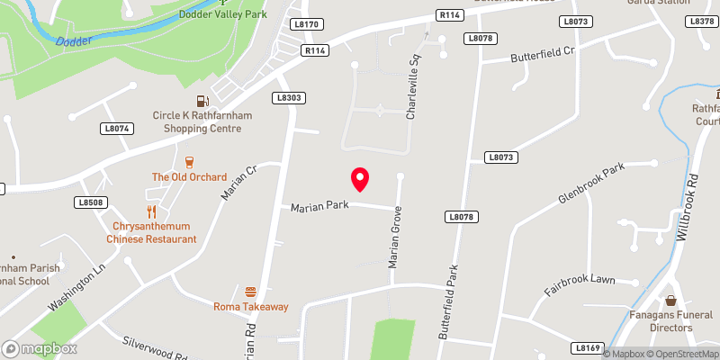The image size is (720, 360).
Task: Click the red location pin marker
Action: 360,179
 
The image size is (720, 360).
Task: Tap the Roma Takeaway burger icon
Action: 250,292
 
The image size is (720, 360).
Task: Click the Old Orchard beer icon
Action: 189,162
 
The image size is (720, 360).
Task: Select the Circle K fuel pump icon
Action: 202,100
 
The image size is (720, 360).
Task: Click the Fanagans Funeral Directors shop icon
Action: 670,301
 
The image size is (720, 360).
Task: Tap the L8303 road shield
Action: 288,97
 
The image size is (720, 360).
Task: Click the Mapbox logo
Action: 40,348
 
